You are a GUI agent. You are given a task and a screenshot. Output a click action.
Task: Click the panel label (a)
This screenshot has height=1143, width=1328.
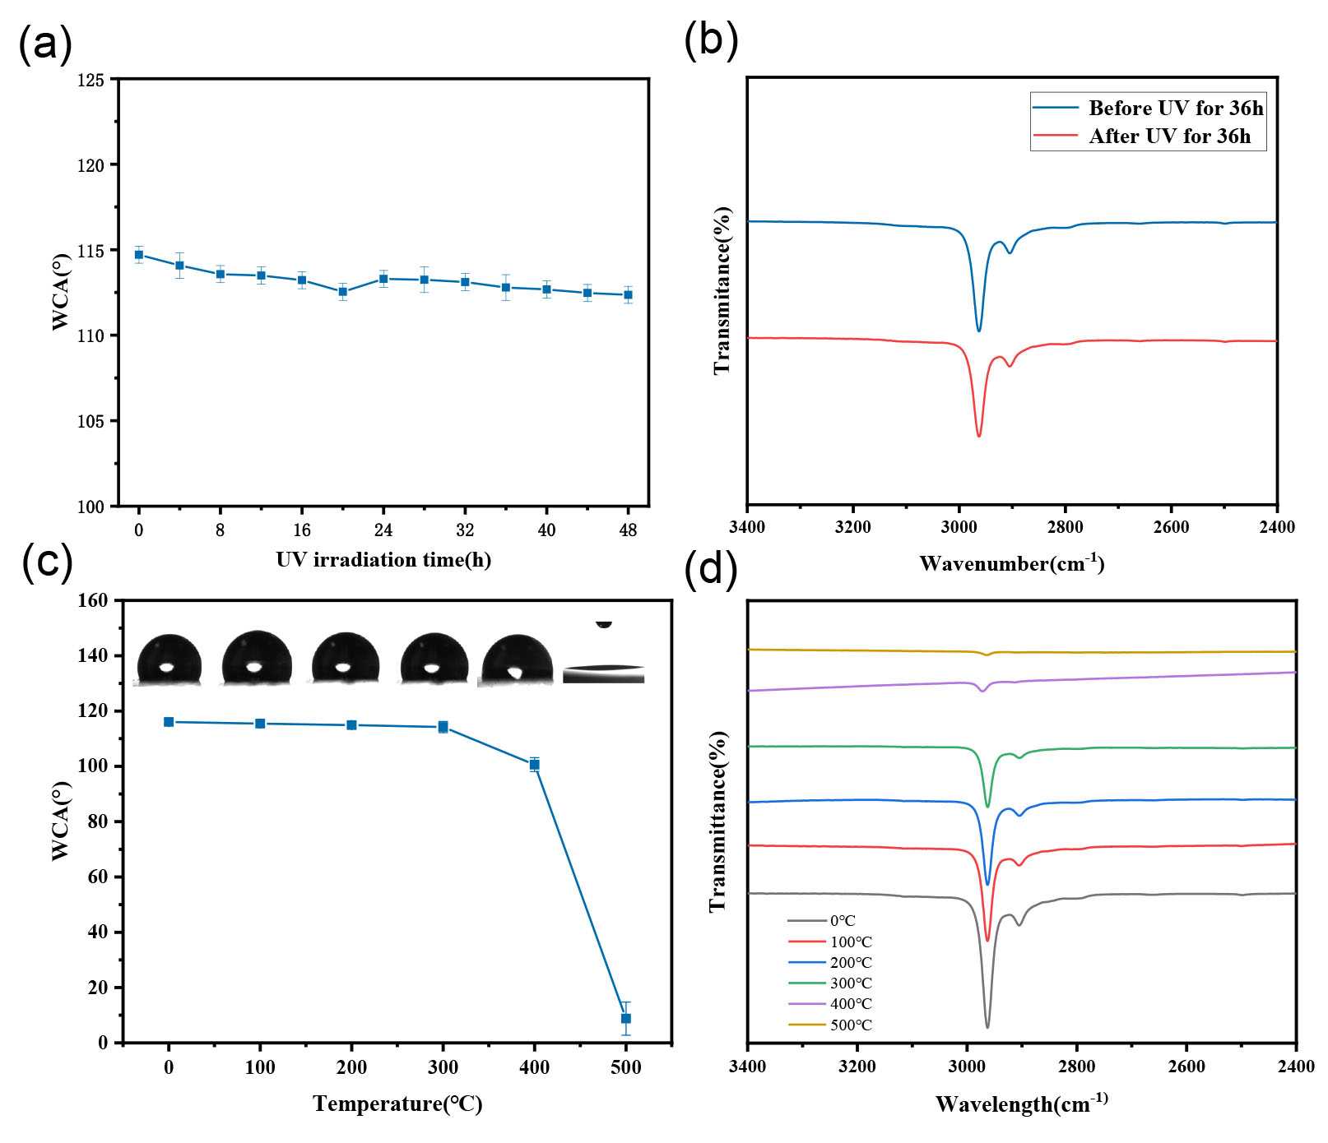click(x=45, y=43)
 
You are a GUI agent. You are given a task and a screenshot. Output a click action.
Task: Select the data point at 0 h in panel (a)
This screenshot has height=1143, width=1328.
click(x=139, y=254)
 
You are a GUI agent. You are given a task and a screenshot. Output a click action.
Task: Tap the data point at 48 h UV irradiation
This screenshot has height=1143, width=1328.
click(x=628, y=294)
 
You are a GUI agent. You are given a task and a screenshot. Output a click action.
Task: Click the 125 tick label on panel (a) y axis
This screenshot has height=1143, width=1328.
click(x=91, y=81)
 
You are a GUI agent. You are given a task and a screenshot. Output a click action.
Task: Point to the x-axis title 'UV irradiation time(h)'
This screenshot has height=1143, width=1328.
click(x=383, y=560)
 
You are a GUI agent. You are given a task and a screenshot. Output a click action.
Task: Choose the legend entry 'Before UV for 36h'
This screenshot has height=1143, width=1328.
click(x=1175, y=108)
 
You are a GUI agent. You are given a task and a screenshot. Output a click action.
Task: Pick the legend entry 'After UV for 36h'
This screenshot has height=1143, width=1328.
click(x=1168, y=137)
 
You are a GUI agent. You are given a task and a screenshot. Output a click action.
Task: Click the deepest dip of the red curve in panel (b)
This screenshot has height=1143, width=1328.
click(x=979, y=435)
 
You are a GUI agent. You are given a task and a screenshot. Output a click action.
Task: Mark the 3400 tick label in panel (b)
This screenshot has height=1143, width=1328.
click(x=746, y=527)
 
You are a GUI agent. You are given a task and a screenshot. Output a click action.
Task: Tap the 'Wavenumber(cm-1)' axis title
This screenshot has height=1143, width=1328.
click(x=1011, y=563)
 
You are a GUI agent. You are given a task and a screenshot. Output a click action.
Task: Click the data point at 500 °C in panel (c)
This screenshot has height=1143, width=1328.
click(x=626, y=1018)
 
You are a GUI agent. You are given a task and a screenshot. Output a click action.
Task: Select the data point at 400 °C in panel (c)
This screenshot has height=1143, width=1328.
click(x=535, y=765)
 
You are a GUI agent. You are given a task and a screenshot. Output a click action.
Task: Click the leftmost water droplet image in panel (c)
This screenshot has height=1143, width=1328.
click(x=169, y=659)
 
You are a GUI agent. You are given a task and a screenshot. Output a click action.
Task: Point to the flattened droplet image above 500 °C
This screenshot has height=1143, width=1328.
click(x=604, y=673)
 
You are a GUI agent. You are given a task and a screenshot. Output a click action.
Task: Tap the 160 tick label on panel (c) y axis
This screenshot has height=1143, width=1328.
click(x=93, y=601)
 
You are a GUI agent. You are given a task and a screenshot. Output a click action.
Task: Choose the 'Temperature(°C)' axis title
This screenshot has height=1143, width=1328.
click(x=397, y=1104)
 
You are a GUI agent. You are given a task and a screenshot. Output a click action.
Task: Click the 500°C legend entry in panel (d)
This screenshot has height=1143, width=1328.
click(x=850, y=1025)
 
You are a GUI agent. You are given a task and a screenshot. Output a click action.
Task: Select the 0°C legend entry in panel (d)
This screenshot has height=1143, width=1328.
click(x=843, y=921)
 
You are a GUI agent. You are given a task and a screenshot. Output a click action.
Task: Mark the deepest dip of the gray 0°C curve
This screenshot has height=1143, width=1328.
click(x=987, y=1027)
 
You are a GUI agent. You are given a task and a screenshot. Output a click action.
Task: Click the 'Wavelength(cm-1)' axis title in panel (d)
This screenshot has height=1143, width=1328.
click(x=1021, y=1104)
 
